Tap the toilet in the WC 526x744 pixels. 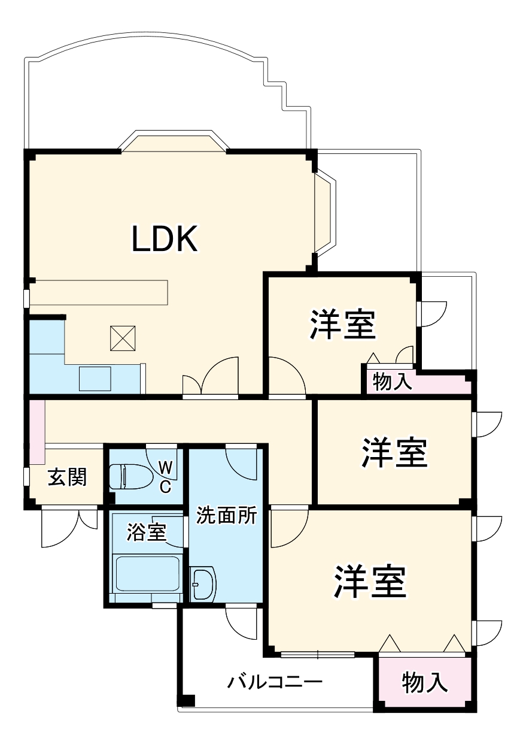point(126,477)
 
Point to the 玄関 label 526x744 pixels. point(67,477)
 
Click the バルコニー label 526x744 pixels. point(275,682)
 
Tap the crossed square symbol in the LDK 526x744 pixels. point(124,339)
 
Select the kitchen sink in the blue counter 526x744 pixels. point(95,378)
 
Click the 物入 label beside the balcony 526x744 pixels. point(424,682)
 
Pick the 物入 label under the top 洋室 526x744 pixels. point(393,382)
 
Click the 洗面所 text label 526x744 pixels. point(227,516)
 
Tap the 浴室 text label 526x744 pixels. point(146,533)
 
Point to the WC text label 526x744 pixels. point(166,476)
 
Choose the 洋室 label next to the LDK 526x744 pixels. point(342,324)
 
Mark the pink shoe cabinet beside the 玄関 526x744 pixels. point(37,431)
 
